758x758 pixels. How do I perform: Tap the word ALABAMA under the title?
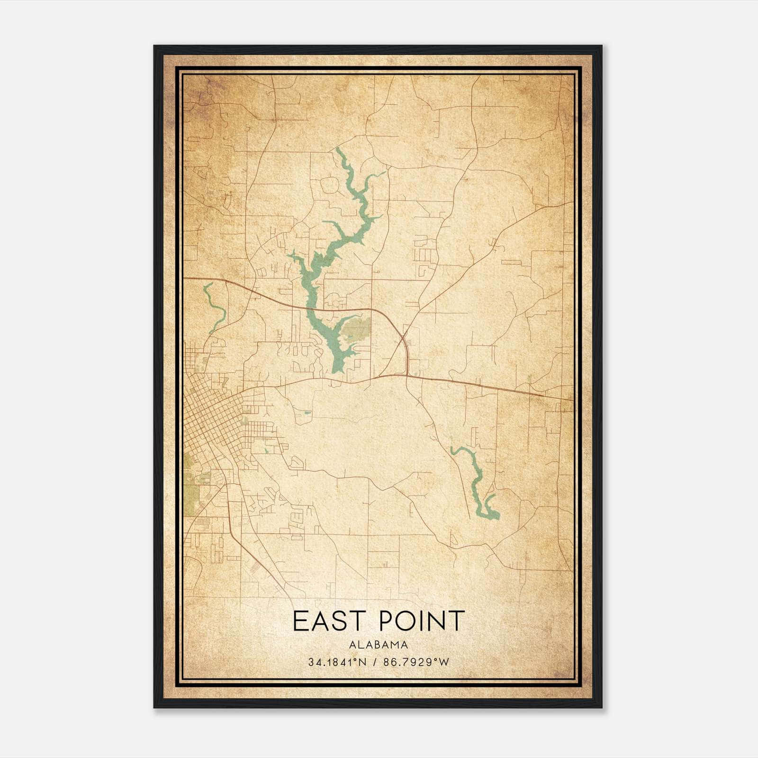(x=379, y=645)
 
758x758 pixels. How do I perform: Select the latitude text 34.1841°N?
(x=336, y=662)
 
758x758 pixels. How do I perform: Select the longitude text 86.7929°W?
(x=417, y=662)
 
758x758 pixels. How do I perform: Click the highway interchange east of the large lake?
(x=403, y=339)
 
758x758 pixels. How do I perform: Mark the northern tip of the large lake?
(x=338, y=151)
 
